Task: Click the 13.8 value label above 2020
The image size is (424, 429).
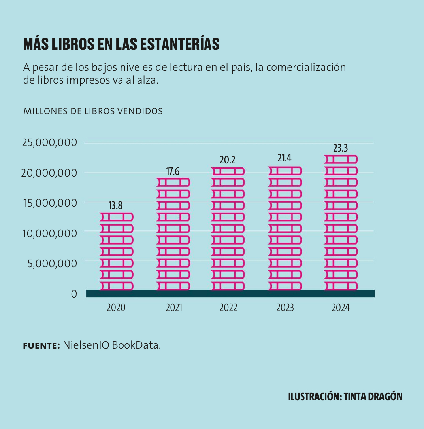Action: coord(115,206)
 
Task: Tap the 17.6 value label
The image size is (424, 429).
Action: coord(173,171)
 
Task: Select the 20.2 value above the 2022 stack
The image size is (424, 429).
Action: coord(228,160)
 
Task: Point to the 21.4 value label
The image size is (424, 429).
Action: coord(284,158)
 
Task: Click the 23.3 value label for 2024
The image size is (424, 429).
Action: coord(340,148)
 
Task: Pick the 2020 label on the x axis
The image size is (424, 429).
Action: coord(116,308)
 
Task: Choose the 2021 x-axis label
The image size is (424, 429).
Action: coord(174,308)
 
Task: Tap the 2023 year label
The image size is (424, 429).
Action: coord(285,308)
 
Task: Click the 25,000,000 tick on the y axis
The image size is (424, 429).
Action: coord(49,142)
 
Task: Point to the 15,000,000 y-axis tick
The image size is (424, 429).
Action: coord(49,203)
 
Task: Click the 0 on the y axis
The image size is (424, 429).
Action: coord(74,294)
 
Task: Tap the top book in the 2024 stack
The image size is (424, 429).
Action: coord(341,159)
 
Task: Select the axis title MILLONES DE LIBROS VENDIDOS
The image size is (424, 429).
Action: coord(93,111)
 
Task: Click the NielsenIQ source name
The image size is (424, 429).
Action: coord(86,345)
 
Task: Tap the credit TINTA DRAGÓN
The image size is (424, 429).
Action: coord(373,397)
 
